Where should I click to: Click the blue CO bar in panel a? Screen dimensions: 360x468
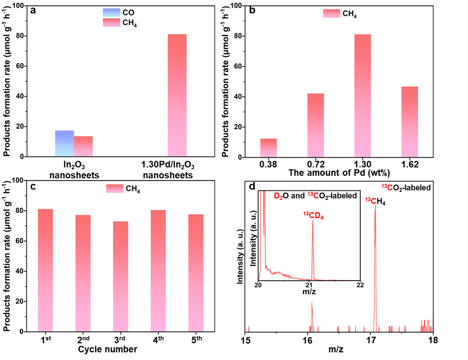64,143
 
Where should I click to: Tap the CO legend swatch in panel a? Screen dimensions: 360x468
111,13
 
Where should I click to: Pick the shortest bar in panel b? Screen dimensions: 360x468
269,148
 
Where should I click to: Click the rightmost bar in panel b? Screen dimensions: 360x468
410,122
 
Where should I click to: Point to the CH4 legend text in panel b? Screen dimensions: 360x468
350,14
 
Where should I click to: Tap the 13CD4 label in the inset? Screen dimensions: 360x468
313,215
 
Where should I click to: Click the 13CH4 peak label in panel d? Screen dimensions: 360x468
375,201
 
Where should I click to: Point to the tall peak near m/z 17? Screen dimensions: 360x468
375,262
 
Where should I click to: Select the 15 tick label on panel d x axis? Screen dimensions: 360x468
246,341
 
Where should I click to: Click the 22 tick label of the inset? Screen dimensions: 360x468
360,285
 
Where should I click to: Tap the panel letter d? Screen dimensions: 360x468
252,187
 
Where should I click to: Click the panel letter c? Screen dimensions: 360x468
33,187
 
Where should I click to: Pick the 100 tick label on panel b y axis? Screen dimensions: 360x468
236,6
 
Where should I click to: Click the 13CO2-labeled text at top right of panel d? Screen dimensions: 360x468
406,187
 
